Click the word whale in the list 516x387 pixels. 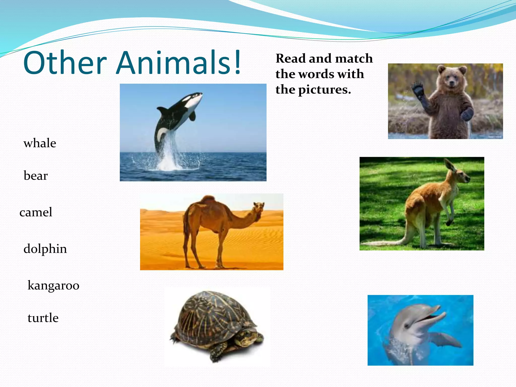click(x=40, y=143)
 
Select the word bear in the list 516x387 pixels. click(x=36, y=176)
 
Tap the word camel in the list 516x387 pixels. click(x=36, y=212)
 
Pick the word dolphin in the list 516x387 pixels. click(x=45, y=249)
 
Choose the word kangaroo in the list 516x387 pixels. click(x=53, y=285)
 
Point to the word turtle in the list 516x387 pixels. click(x=43, y=318)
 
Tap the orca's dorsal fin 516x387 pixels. click(x=163, y=110)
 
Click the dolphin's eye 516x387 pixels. click(x=407, y=326)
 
